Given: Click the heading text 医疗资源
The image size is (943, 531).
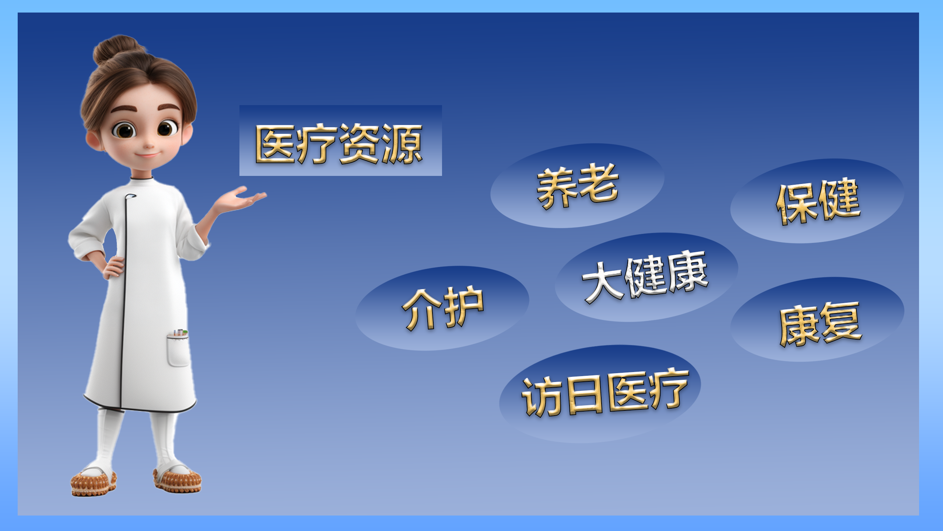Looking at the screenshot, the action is coord(339,143).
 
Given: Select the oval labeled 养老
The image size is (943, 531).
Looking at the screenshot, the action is coord(577,185).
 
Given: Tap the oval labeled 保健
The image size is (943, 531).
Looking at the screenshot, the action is coord(817,201).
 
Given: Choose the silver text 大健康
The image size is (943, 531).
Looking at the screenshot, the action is coord(645,277).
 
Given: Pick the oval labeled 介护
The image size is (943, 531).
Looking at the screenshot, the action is coord(442,308).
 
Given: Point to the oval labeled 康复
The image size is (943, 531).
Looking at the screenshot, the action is coord(817,319).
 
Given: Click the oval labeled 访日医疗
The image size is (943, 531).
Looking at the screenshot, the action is coord(600,394).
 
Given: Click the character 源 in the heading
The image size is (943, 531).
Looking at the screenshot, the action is coord(402,144).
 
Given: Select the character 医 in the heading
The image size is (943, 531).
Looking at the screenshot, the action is coord(276,144).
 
